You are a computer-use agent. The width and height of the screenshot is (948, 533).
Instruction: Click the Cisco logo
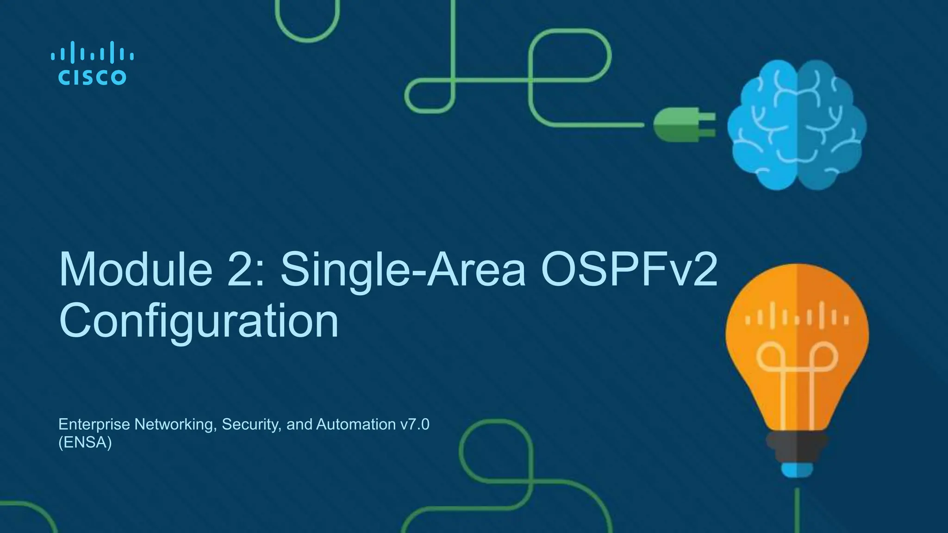click(x=92, y=64)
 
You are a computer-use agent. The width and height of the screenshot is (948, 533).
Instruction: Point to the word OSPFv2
click(x=629, y=270)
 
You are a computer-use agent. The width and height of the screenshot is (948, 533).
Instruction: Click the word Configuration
click(x=199, y=322)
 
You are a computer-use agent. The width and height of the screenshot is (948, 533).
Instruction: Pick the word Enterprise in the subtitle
click(x=94, y=424)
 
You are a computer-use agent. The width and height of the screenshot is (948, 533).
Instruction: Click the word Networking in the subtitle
click(x=175, y=424)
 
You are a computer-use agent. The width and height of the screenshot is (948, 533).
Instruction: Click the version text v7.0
click(x=414, y=424)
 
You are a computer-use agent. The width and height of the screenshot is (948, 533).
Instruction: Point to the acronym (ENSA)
click(x=85, y=443)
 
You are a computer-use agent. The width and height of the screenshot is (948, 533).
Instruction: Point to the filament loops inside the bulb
click(x=796, y=361)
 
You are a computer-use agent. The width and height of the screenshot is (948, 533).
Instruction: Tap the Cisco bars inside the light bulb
click(x=796, y=317)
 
